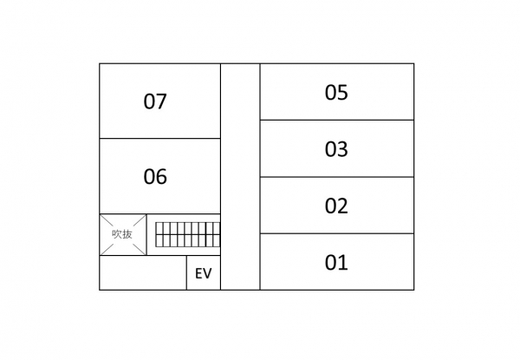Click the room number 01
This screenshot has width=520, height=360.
pyautogui.click(x=336, y=263)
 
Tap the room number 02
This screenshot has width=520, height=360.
pyautogui.click(x=336, y=206)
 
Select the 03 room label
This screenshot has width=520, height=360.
pyautogui.click(x=336, y=149)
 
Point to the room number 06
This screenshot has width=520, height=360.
pyautogui.click(x=155, y=176)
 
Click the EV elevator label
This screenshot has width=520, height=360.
pyautogui.click(x=204, y=273)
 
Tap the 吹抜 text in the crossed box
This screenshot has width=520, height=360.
pyautogui.click(x=122, y=234)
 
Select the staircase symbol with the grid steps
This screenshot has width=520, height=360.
pyautogui.click(x=188, y=234)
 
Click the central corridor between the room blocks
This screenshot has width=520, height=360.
pyautogui.click(x=240, y=176)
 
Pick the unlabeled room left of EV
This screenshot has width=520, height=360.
pyautogui.click(x=143, y=272)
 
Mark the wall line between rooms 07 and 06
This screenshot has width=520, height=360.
pyautogui.click(x=159, y=138)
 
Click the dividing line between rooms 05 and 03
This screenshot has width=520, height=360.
pyautogui.click(x=337, y=120)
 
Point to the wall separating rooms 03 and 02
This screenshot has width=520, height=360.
pyautogui.click(x=337, y=177)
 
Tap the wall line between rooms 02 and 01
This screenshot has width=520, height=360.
pyautogui.click(x=337, y=233)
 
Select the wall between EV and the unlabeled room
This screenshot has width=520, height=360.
pyautogui.click(x=186, y=272)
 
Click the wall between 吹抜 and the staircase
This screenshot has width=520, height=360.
pyautogui.click(x=146, y=234)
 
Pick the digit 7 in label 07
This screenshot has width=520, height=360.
pyautogui.click(x=161, y=101)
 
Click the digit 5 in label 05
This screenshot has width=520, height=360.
pyautogui.click(x=342, y=93)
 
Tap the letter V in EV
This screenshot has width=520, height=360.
pyautogui.click(x=207, y=273)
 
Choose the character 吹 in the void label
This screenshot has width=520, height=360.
pyautogui.click(x=117, y=234)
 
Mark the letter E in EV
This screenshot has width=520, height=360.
pyautogui.click(x=198, y=273)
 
